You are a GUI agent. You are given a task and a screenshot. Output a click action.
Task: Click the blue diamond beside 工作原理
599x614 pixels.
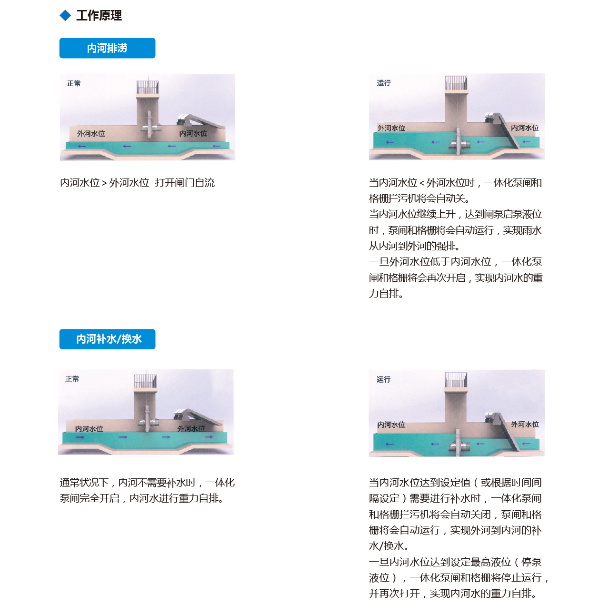(65, 16)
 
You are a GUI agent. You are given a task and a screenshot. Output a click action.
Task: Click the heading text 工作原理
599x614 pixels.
(99, 16)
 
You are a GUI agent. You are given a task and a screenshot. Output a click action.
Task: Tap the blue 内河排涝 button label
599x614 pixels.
(107, 48)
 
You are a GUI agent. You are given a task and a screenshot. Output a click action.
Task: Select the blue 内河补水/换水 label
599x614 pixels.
(109, 339)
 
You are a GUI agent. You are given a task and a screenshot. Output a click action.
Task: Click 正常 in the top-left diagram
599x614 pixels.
(74, 83)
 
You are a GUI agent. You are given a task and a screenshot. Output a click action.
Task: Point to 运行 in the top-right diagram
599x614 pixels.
(384, 83)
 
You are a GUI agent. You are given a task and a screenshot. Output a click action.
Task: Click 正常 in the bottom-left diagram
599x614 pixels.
(72, 379)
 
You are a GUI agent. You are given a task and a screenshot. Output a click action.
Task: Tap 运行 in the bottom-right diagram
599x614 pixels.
(384, 379)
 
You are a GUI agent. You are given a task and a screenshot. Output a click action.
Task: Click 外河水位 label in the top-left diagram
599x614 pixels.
(91, 134)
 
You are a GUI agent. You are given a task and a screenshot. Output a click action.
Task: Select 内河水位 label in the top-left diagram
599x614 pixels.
(193, 134)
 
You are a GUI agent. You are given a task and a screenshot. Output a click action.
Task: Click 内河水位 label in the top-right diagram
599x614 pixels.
(525, 128)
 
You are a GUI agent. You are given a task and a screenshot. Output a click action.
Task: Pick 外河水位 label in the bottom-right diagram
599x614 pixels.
(525, 424)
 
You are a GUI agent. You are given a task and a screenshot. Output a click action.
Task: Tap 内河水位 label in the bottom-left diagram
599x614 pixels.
(89, 429)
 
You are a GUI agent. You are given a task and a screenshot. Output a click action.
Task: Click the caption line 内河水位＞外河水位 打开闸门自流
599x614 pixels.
(137, 183)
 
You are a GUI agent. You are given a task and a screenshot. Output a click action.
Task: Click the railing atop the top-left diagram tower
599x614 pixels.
(148, 87)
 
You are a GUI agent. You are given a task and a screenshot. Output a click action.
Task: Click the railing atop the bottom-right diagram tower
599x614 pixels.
(456, 380)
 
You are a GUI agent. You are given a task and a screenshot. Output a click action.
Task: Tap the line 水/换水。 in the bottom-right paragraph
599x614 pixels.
(389, 546)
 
